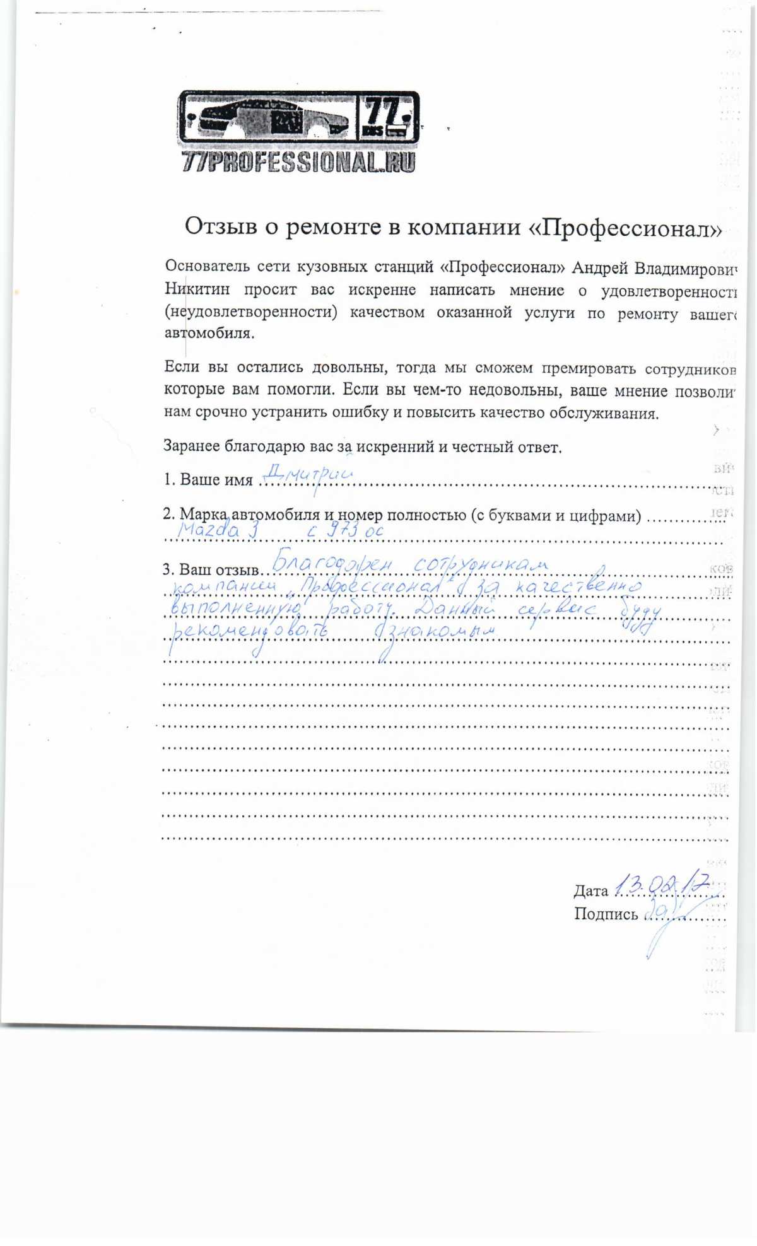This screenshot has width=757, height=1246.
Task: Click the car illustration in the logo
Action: (268, 118)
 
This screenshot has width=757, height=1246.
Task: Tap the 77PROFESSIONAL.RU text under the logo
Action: (298, 162)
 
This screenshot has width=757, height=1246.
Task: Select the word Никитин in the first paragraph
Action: (197, 289)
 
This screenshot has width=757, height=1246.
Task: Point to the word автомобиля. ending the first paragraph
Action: (209, 333)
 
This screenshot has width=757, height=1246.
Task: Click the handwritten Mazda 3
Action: (218, 529)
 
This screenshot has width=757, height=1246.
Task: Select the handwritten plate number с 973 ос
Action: (345, 530)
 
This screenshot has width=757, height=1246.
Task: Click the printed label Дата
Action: (590, 890)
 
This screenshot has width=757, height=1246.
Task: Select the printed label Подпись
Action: (606, 914)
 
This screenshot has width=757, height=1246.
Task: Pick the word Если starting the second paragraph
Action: (181, 367)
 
